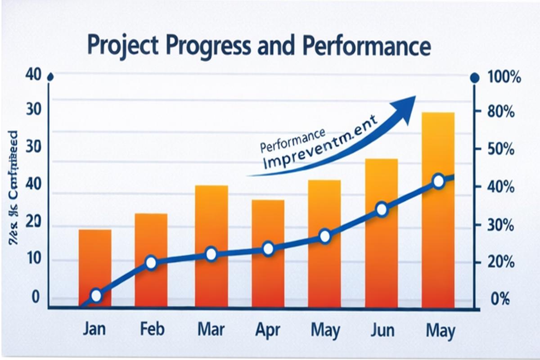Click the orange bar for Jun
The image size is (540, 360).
(x=381, y=252)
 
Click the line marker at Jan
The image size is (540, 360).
(x=96, y=296)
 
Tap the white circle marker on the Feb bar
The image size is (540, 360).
(x=151, y=263)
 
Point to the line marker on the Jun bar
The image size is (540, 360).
(x=382, y=210)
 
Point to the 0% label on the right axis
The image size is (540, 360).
(x=499, y=299)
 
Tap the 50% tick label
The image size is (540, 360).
(x=501, y=150)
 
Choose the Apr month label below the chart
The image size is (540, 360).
(x=268, y=331)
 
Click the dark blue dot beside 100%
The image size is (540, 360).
(x=474, y=79)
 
